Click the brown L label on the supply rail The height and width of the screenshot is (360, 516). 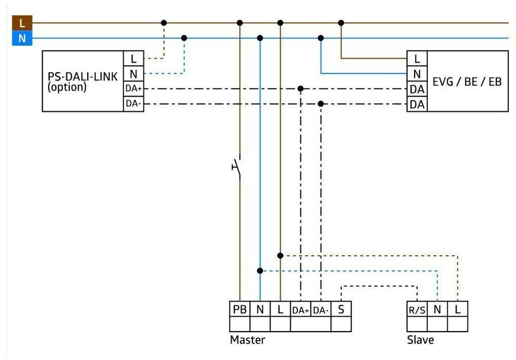(22, 23)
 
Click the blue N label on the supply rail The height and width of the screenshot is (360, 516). (22, 39)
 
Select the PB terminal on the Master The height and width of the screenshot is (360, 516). (239, 309)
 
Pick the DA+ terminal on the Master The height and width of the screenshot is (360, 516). (300, 310)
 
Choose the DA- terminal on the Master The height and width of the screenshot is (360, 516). (321, 310)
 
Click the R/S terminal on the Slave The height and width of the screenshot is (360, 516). (417, 309)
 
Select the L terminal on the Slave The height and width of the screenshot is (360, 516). (457, 309)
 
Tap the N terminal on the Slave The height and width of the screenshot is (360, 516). (437, 309)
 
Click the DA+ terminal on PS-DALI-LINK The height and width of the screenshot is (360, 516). (133, 89)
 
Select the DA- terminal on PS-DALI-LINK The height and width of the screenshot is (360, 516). (133, 104)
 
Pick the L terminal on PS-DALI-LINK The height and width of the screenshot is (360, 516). (133, 59)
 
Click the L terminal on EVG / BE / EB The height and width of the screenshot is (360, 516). (417, 59)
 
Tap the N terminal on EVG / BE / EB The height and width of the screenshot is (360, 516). (417, 73)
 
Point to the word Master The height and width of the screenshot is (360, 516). (247, 340)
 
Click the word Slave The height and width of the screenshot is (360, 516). (420, 340)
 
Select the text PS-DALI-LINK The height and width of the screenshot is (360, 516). (81, 77)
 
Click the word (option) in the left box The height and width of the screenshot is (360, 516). (67, 87)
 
